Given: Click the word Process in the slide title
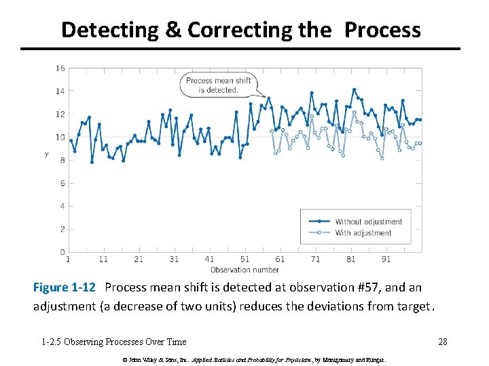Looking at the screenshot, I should click(x=382, y=30).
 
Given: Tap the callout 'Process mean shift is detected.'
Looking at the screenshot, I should click(x=218, y=85).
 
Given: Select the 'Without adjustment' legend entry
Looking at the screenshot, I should click(x=368, y=221).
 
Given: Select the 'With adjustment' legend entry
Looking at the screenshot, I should click(x=363, y=232).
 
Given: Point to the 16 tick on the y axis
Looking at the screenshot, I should click(x=60, y=68).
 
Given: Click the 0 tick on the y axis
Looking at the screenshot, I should click(x=62, y=252).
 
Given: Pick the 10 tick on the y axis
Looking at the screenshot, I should click(x=60, y=137).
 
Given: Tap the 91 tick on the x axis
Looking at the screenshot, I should click(x=386, y=259).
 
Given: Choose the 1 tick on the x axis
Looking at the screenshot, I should click(x=68, y=259).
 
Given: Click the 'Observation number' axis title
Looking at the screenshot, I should click(x=244, y=269).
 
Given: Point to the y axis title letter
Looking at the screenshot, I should click(x=46, y=155).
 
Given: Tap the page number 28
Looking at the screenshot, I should click(x=442, y=342).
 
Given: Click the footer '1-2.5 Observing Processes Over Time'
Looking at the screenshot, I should click(x=113, y=342).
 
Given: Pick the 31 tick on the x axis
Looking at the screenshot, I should click(x=174, y=259).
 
